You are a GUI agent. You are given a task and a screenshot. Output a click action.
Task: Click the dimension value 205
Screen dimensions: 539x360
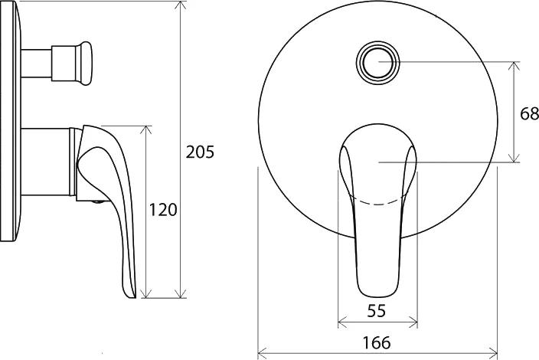200,152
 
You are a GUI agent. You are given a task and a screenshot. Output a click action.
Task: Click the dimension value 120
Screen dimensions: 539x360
163,210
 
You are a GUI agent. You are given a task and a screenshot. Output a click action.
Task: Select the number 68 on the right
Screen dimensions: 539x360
529,114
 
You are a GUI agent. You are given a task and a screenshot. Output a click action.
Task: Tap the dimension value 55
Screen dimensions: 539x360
377,311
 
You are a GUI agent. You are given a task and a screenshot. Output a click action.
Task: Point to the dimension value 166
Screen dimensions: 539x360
377,343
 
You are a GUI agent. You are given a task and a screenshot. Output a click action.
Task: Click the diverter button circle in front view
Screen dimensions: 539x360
377,62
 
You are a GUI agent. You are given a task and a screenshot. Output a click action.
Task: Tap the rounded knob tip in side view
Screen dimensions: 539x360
85,64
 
